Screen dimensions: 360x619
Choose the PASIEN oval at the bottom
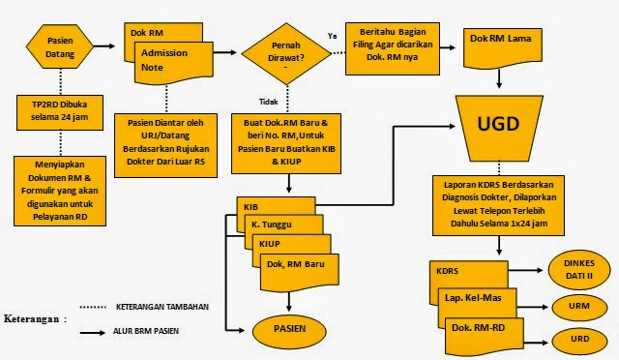point(289,329)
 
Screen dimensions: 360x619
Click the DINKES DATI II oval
point(580,268)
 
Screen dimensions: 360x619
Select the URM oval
point(580,307)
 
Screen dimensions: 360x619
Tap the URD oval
point(580,340)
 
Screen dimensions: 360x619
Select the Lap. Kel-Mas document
point(474,300)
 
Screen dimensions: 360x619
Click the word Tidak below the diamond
point(269,101)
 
